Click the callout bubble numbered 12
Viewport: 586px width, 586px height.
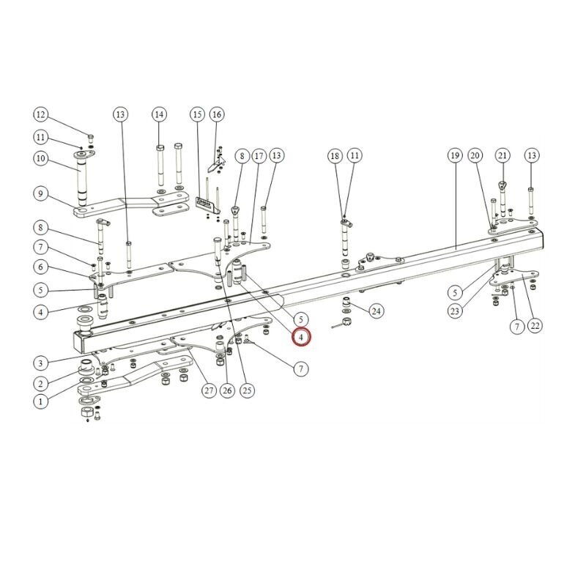click(x=40, y=114)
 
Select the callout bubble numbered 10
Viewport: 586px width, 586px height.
click(x=40, y=158)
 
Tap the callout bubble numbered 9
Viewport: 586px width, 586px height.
click(x=40, y=193)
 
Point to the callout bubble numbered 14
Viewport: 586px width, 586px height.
click(x=159, y=114)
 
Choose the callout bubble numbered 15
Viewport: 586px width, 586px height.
click(x=196, y=114)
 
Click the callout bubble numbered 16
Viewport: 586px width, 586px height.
click(x=216, y=114)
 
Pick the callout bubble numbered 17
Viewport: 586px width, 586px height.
click(x=258, y=155)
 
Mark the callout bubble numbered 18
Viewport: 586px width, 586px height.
click(x=335, y=155)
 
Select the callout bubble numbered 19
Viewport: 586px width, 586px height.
click(x=454, y=155)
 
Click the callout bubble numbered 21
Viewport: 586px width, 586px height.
click(x=502, y=155)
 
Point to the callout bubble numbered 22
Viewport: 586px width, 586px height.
click(x=535, y=326)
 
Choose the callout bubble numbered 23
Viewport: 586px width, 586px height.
click(x=455, y=311)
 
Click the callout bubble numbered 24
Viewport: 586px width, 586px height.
click(x=376, y=311)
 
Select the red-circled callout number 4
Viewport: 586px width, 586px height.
click(x=301, y=337)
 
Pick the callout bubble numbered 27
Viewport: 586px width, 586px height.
click(x=209, y=390)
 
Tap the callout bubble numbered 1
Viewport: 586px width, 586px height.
click(x=40, y=401)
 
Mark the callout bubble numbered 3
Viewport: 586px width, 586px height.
click(x=40, y=363)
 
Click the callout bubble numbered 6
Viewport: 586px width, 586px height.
click(x=40, y=268)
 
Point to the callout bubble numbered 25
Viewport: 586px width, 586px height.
click(x=247, y=390)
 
